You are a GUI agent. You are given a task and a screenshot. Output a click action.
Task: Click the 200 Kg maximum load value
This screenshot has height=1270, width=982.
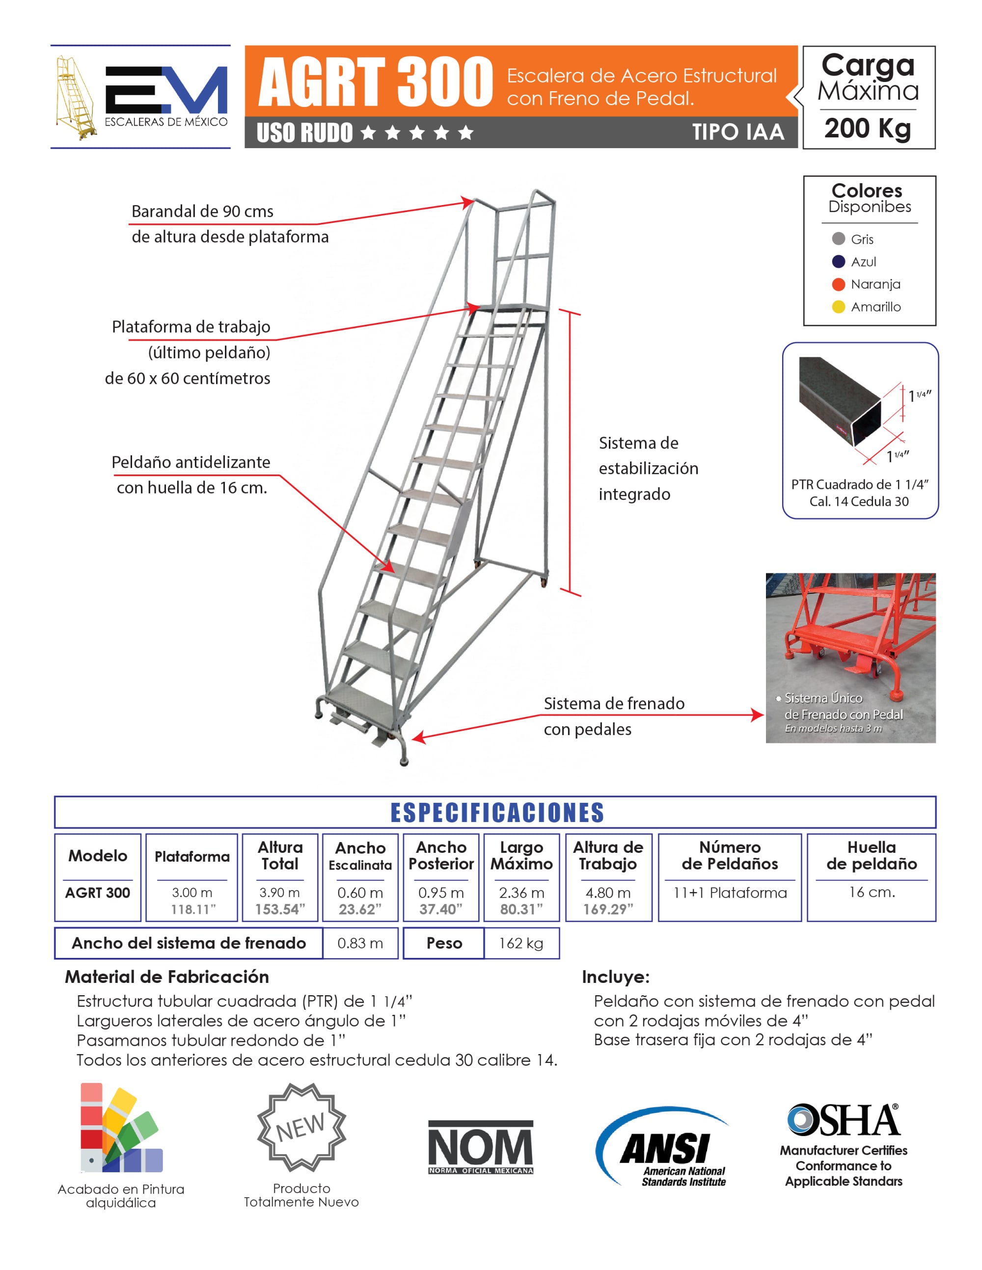[x=868, y=129]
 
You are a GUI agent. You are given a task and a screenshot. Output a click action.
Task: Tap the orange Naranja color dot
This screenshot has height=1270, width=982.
[x=838, y=284]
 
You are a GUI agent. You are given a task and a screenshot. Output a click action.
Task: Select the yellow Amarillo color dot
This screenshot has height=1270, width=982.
[x=838, y=307]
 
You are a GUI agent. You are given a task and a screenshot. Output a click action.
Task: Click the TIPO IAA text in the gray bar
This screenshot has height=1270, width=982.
[x=737, y=132]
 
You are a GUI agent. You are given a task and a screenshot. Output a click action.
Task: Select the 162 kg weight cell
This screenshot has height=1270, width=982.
[x=521, y=943]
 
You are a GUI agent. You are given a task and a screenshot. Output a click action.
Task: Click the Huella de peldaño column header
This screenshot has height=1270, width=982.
[x=872, y=855]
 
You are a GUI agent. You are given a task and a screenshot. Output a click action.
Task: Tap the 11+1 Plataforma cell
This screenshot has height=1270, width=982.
[x=730, y=893]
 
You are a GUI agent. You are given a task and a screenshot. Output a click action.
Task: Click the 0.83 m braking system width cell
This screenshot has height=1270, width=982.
[x=360, y=943]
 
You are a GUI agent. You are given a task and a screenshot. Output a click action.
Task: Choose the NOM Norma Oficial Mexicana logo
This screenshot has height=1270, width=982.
[x=481, y=1147]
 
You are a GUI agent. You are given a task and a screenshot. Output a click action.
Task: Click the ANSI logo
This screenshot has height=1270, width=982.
[x=663, y=1147]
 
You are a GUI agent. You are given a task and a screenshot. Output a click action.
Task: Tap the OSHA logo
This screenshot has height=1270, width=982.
[x=844, y=1120]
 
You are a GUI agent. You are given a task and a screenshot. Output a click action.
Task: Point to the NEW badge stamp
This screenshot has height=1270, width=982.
[x=301, y=1127]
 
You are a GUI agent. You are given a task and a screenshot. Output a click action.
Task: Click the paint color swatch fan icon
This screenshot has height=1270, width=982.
[x=120, y=1128]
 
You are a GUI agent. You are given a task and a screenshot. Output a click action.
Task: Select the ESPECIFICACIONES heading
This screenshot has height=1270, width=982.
[x=497, y=812]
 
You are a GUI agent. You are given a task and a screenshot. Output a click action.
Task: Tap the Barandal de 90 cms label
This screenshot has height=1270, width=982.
[x=202, y=212]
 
